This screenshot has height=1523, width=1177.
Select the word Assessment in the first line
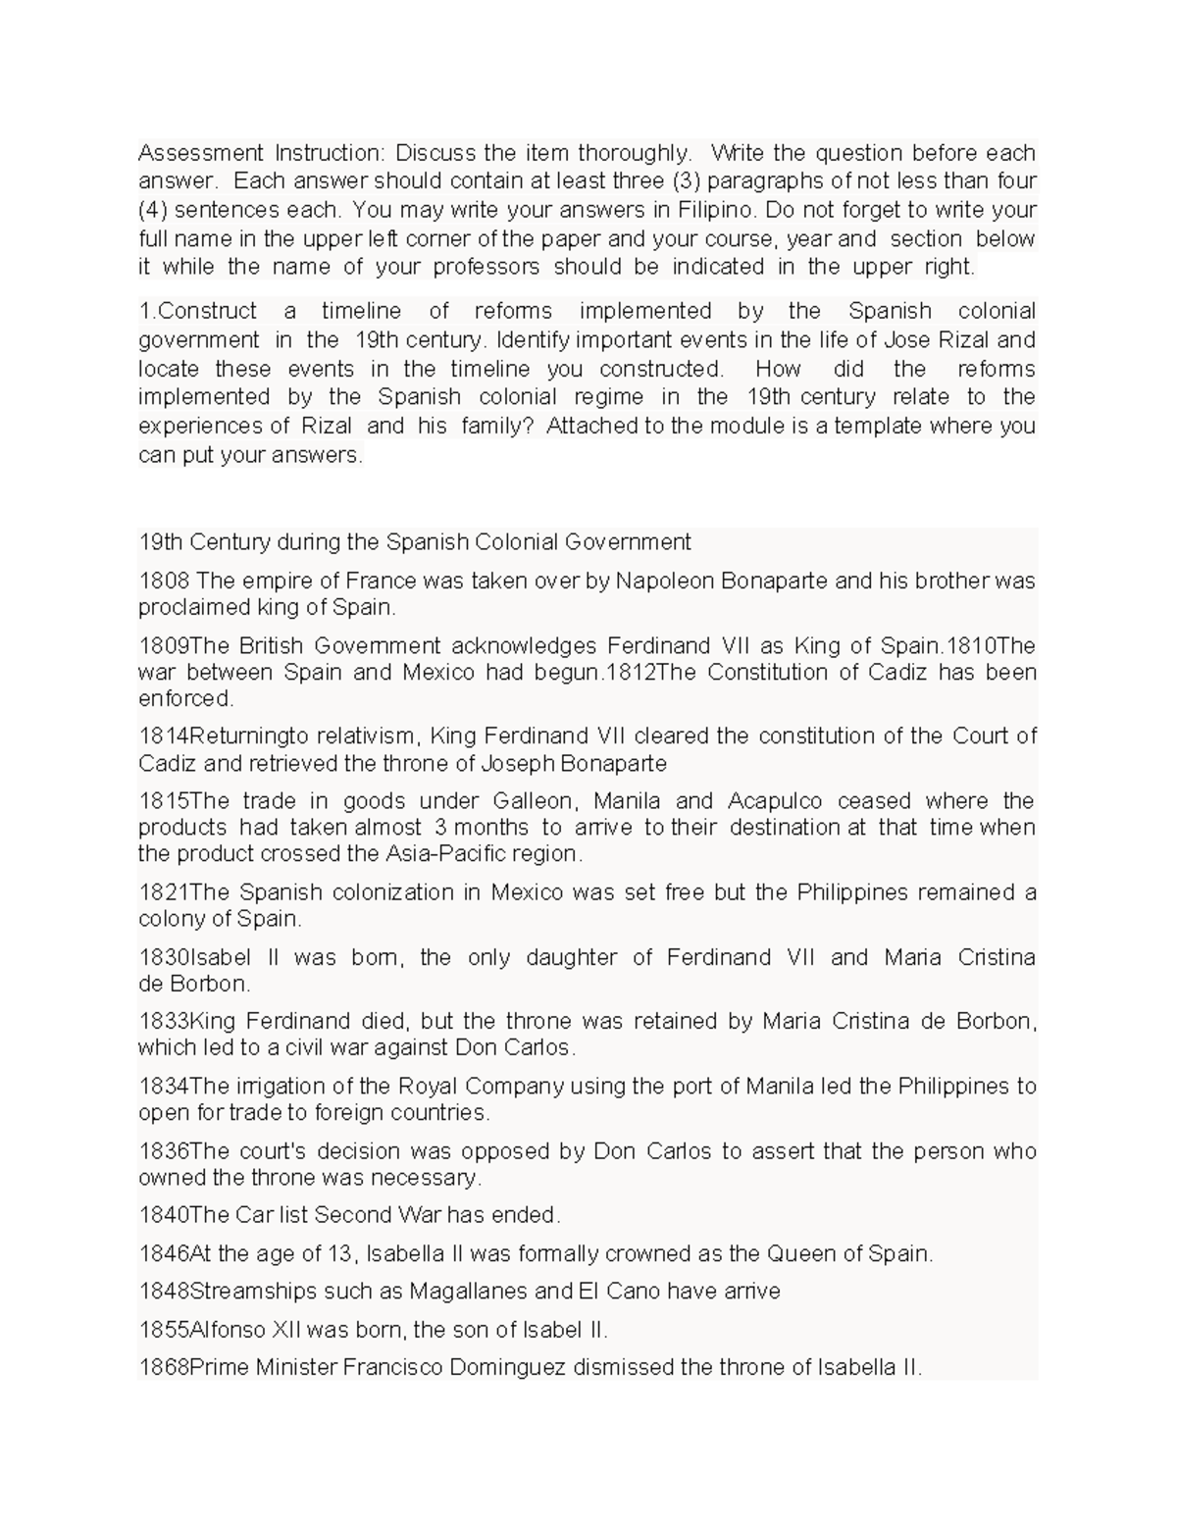pyautogui.click(x=201, y=153)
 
